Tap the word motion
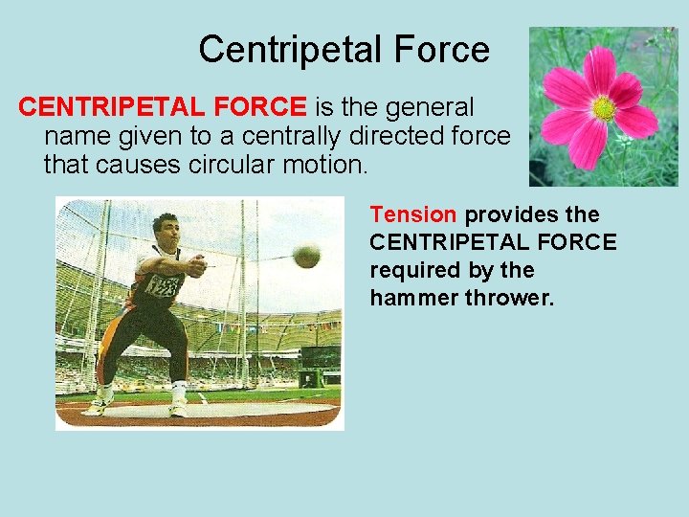(324, 165)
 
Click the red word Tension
(413, 214)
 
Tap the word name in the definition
(78, 136)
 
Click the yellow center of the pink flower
(604, 108)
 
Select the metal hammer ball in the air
(307, 256)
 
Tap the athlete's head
(167, 229)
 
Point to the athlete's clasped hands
(197, 265)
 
